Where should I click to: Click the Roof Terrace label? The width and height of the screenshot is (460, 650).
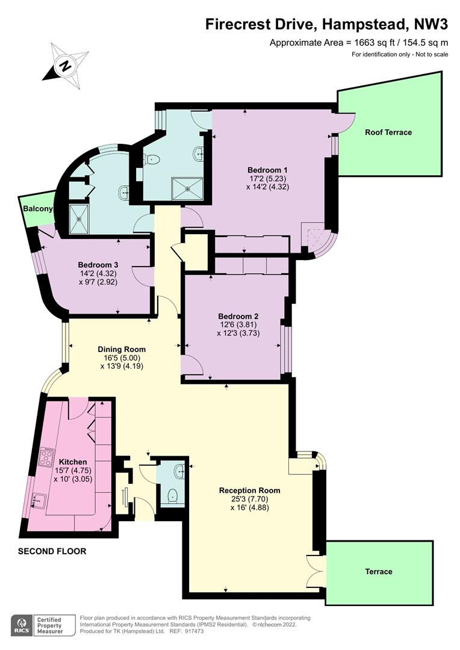pos(388,132)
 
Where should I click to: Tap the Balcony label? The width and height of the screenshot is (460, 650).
pos(38,208)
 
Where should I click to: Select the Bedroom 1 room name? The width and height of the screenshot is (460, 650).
pos(267,170)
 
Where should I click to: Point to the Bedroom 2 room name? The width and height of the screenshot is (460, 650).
pos(238,317)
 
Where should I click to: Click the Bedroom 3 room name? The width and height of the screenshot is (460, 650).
pos(98,265)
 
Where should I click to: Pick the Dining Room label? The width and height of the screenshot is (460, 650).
pos(122,350)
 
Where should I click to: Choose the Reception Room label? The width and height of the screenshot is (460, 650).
pos(250,491)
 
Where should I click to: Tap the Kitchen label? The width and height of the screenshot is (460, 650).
pos(73,462)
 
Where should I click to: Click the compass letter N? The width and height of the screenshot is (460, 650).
pos(64,66)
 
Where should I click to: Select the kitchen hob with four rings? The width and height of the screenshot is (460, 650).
pos(46,457)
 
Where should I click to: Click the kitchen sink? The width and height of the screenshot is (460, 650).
pos(39,500)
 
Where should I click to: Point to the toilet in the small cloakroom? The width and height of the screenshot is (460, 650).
pos(172,495)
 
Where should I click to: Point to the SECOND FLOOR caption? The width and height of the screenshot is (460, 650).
pos(52,551)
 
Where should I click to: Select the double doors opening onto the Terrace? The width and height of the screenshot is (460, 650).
pos(315,571)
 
